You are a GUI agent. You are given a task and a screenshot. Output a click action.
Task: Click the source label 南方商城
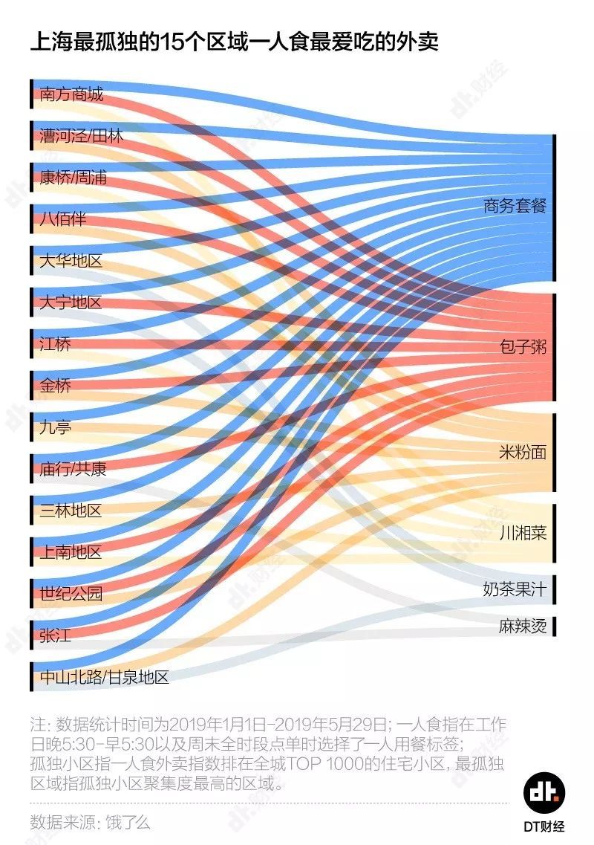(71, 95)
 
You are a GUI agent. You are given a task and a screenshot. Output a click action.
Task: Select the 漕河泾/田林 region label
(82, 137)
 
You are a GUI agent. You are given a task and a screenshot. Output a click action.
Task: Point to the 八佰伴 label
(63, 220)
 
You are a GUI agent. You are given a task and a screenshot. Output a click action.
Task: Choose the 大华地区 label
(71, 262)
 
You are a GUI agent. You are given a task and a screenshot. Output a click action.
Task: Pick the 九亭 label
(56, 428)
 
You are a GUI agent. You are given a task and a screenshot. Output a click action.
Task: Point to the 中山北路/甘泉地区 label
(105, 677)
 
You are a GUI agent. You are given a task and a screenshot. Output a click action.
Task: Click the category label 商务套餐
(515, 207)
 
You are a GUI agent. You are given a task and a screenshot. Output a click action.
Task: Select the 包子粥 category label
(523, 347)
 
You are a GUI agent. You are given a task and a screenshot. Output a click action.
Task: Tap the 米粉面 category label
(523, 453)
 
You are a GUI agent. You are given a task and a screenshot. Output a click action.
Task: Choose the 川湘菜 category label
(523, 533)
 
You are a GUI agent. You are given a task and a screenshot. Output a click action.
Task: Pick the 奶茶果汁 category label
(515, 590)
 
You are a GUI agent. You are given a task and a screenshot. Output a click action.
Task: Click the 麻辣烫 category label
(523, 627)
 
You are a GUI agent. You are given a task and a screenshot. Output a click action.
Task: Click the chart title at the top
(235, 42)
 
